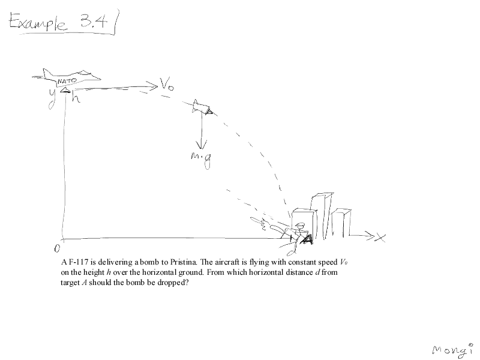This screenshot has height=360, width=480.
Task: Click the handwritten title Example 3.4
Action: point(59,22)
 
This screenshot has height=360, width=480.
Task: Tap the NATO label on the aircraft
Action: point(67,81)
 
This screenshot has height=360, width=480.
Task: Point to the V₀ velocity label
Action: point(167,84)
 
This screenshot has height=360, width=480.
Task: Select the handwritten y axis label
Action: point(53,98)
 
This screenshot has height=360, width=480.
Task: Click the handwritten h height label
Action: point(76,97)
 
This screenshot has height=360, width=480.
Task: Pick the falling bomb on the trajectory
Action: point(202,107)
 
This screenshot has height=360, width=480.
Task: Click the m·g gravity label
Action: point(201,160)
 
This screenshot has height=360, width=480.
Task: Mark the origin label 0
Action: point(57,248)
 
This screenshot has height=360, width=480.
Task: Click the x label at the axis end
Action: point(380,238)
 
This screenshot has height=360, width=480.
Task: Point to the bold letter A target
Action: point(307,239)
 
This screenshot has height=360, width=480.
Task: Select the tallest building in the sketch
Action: point(322,216)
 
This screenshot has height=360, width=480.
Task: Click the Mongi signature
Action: point(452,350)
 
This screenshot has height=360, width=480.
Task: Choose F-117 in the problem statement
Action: point(79,262)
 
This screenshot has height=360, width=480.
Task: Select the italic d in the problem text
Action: point(317,272)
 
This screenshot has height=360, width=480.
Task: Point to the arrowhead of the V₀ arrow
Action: point(153,86)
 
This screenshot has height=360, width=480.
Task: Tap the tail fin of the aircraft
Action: point(47,73)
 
